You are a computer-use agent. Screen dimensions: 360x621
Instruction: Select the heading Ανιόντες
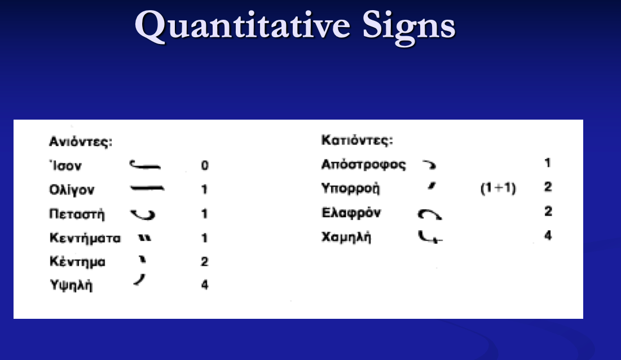(x=81, y=142)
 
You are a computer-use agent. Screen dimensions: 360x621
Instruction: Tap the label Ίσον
(x=65, y=166)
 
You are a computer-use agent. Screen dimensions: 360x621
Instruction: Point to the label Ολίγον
(x=71, y=190)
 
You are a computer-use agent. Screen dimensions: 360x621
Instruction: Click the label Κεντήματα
(x=85, y=239)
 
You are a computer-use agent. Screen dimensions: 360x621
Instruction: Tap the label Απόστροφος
(x=363, y=165)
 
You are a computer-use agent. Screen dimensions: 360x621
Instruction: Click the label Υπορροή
(x=350, y=188)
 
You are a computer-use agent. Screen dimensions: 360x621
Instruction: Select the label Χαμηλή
(x=346, y=237)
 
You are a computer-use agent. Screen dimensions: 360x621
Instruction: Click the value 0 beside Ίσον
(x=205, y=166)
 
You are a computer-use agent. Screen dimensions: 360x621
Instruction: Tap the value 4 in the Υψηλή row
(x=205, y=286)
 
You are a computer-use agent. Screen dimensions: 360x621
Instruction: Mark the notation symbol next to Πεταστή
(x=143, y=214)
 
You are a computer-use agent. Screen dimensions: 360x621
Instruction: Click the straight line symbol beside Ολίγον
(x=147, y=189)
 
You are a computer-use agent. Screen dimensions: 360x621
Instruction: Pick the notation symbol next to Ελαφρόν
(x=430, y=214)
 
